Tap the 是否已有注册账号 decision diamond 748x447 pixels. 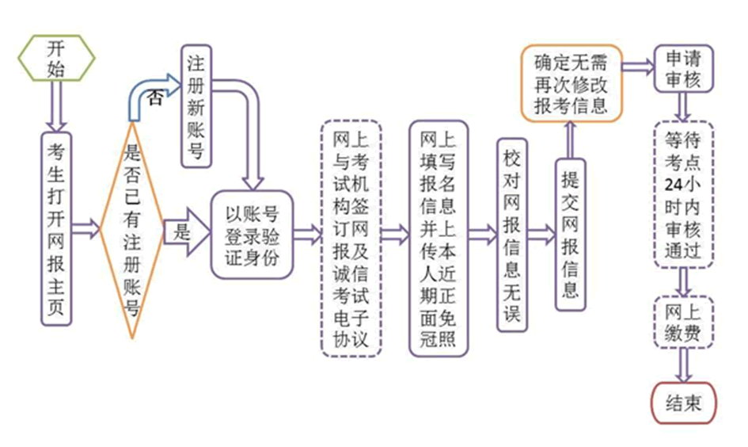[132, 230]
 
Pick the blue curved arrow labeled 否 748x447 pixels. [150, 91]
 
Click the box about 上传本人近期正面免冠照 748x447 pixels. [437, 239]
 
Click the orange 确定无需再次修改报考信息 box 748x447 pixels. [571, 83]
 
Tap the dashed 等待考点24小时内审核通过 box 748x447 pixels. [683, 195]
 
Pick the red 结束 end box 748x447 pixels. [683, 403]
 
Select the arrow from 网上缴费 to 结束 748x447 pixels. [683, 365]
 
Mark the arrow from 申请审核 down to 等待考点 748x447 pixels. [682, 106]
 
